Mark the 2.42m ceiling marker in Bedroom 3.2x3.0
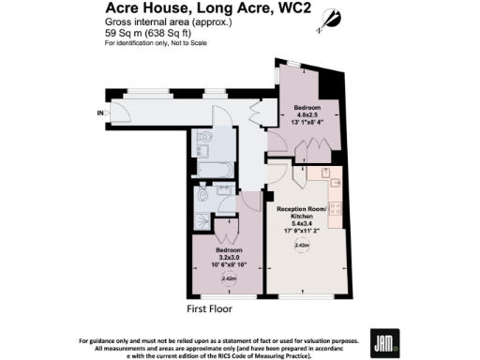point(227,277)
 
